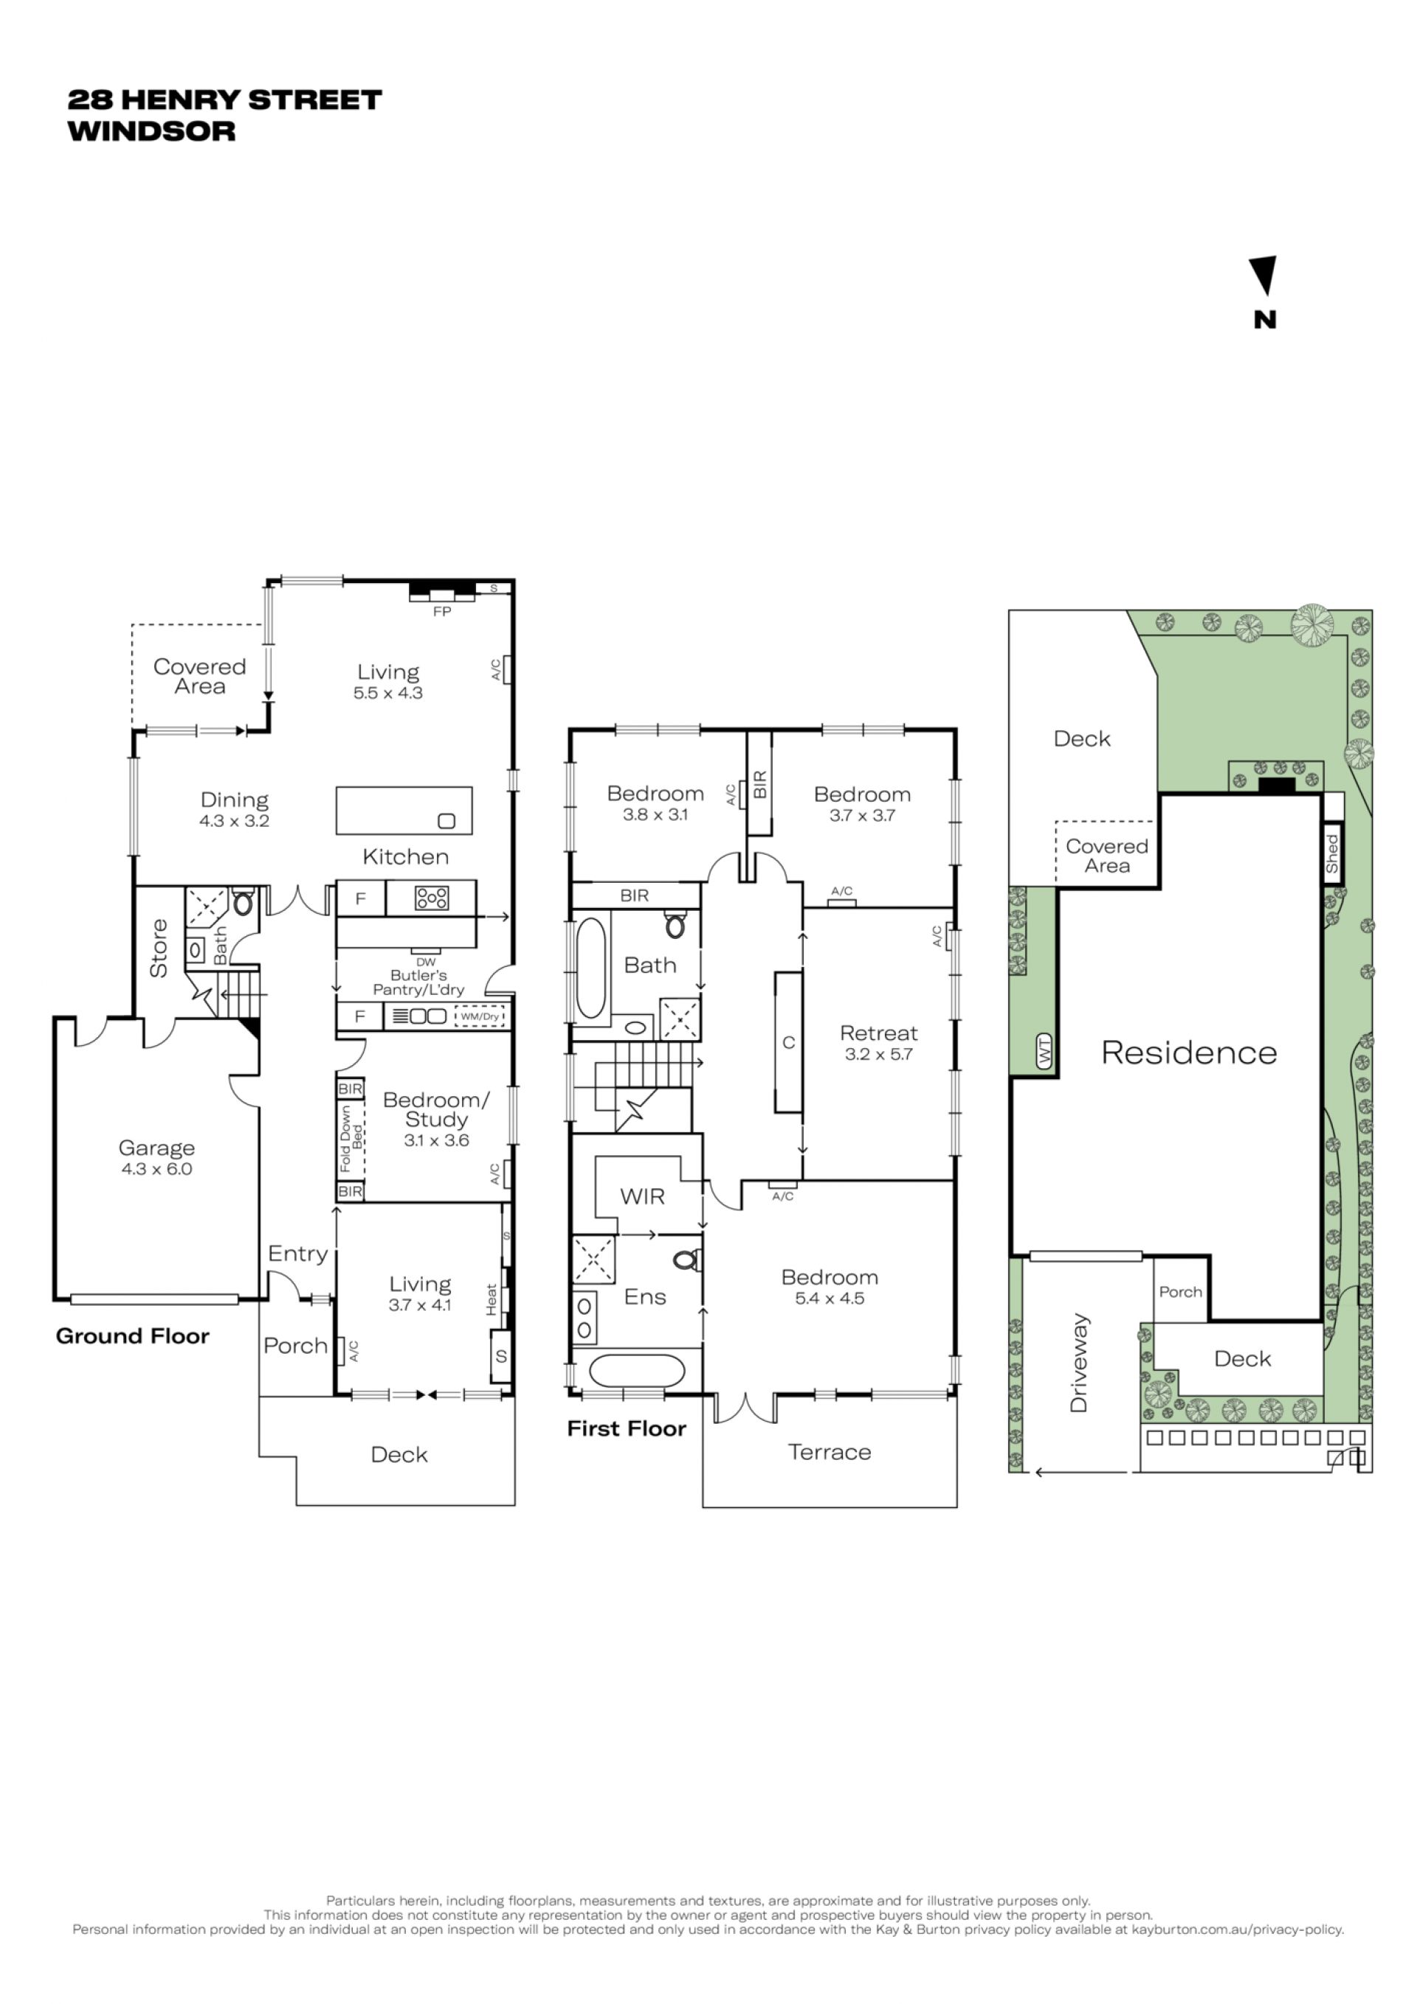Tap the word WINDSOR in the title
(x=152, y=132)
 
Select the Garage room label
(x=157, y=1149)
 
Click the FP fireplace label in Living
(x=442, y=612)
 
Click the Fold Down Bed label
(x=351, y=1139)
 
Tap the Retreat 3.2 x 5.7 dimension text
(x=879, y=1054)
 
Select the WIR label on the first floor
(x=642, y=1196)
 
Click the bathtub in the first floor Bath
(x=590, y=968)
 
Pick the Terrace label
(x=830, y=1453)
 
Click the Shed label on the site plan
(x=1332, y=853)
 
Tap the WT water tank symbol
(x=1044, y=1051)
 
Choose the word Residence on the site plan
(x=1189, y=1053)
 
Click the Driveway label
(x=1079, y=1363)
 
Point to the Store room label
(x=159, y=948)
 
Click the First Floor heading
(x=627, y=1429)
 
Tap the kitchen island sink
(x=447, y=821)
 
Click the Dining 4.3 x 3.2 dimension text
(x=234, y=822)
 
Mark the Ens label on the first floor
(x=645, y=1297)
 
